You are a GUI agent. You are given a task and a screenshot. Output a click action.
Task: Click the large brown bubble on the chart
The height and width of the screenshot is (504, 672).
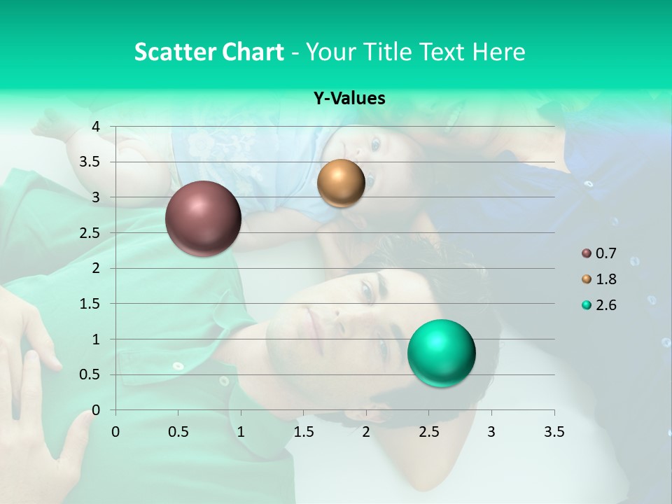coord(203,218)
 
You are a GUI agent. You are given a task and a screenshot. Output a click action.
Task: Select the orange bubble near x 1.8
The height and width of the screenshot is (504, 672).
coord(341,183)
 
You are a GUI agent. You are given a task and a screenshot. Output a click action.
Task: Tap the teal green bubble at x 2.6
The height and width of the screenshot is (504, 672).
coord(441,353)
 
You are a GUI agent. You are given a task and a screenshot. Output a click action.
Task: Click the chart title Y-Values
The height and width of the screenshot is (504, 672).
coord(349,99)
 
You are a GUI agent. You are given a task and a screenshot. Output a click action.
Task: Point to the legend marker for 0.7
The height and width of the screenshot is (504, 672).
coord(586,253)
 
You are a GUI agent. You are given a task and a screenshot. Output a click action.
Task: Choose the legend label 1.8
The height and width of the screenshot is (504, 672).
coord(605,279)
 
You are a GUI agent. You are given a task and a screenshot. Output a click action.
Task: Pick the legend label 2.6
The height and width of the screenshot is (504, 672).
coord(605,305)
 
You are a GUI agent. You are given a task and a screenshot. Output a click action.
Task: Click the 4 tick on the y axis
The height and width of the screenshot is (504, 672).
coord(96,127)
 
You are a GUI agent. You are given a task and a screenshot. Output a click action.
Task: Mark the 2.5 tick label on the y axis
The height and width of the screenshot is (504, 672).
coord(89,233)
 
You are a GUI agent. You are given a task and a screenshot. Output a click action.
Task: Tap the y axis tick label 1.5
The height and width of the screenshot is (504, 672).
coord(89,304)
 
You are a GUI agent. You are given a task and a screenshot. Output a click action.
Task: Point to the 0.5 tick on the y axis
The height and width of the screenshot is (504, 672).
coord(89,375)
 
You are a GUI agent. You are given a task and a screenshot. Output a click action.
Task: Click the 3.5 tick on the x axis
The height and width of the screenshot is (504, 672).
coord(554,432)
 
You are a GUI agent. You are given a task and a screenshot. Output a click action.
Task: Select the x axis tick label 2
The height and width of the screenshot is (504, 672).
coord(366,432)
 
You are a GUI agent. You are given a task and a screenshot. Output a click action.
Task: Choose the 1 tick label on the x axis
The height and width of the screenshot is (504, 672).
coord(241,432)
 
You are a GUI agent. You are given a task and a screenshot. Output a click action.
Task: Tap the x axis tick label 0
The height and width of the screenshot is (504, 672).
coord(115,432)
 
